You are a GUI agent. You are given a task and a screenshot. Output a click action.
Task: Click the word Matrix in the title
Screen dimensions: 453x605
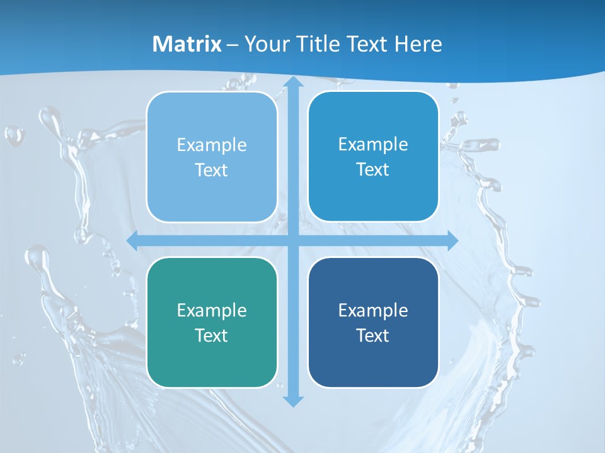pos(187,44)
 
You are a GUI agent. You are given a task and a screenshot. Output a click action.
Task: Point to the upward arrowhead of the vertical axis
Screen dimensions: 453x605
pos(292,82)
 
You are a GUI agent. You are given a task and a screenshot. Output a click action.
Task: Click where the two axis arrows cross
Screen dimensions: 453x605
pos(292,240)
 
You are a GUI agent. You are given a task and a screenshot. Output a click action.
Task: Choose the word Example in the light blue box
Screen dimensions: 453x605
pos(212,145)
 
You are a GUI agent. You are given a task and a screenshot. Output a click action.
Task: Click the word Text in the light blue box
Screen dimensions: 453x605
pos(212,170)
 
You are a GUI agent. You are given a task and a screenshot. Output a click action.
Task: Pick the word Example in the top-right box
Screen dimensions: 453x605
pos(373,144)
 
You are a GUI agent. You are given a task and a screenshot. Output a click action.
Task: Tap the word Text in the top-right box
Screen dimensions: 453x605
pos(373,169)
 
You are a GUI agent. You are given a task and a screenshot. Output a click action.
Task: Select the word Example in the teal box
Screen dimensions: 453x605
pos(212,310)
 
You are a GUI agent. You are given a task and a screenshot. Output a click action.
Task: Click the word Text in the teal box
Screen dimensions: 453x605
pos(212,335)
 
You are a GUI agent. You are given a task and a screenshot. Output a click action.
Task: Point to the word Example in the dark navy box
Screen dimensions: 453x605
pos(373,310)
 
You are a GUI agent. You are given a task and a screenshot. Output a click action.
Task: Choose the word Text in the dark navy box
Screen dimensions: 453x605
pos(373,335)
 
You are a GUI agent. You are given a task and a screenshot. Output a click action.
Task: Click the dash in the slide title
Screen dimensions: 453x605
pos(233,45)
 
